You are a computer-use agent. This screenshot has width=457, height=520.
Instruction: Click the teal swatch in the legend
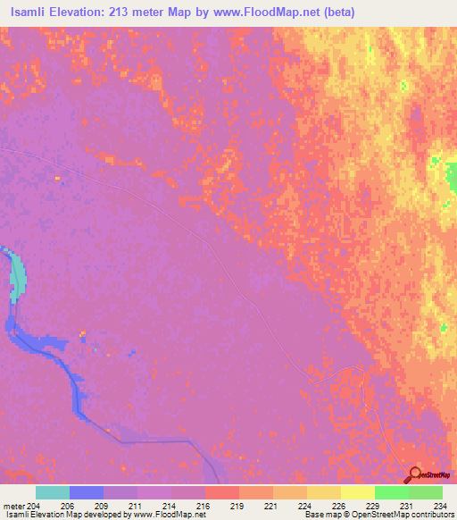click(53, 492)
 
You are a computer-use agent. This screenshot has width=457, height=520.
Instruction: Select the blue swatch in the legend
click(87, 492)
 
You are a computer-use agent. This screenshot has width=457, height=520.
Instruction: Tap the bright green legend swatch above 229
click(391, 492)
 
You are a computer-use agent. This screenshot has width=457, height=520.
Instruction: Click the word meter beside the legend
click(13, 506)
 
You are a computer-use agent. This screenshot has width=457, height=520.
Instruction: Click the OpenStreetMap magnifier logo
click(415, 474)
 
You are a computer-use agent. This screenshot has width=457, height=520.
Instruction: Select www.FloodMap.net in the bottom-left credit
click(170, 516)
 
